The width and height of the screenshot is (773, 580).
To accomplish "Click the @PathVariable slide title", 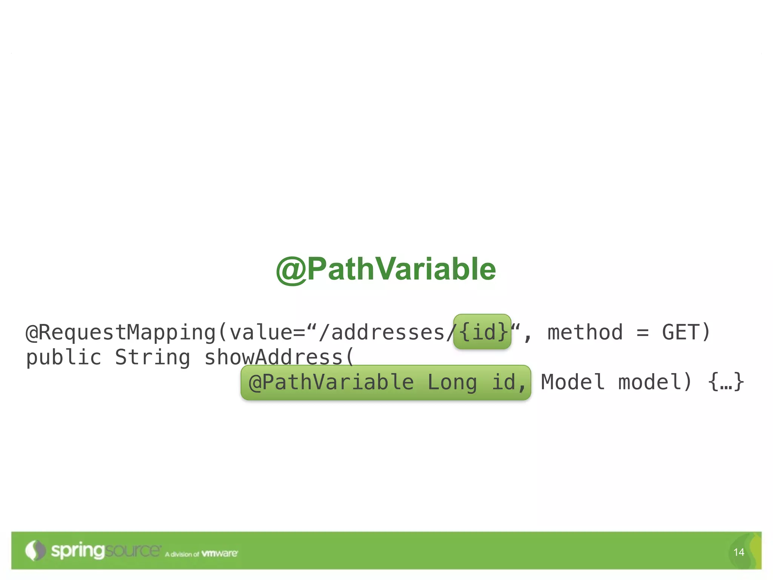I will coord(386,269).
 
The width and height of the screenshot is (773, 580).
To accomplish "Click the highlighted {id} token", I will coord(482,332).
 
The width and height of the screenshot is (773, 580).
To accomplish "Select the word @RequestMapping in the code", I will coord(121,333).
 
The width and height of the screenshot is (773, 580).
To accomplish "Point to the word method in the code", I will coord(585,332).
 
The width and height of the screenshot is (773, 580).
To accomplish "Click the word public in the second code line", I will coord(63,358).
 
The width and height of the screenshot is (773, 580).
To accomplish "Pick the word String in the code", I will coord(152,358).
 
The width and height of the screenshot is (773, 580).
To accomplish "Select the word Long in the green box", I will coord(452,382).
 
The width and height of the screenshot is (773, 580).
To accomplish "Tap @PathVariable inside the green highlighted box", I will coord(331,382).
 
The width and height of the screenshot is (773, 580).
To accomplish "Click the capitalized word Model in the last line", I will coord(573,382).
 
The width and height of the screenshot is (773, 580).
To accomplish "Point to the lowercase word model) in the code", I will coord(655,382).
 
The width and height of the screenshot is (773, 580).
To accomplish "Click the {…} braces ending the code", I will coord(726,382).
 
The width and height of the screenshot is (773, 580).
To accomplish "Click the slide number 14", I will coord(739,552).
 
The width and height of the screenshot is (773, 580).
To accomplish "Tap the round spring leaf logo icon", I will coord(35,551).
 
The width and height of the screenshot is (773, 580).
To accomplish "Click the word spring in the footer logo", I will coord(77,551).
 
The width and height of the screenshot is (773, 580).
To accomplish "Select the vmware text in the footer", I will coord(219,554).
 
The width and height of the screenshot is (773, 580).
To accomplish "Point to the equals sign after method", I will coord(642,333).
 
